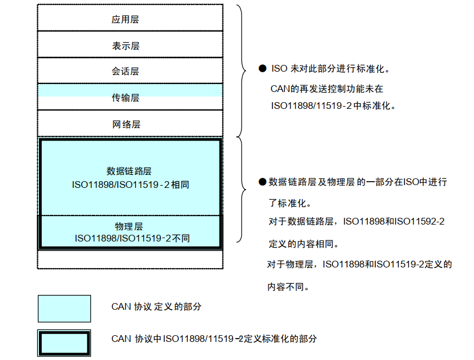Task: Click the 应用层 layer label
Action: (x=125, y=19)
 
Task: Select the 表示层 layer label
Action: (x=125, y=45)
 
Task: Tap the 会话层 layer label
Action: (x=125, y=72)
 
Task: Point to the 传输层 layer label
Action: (x=125, y=98)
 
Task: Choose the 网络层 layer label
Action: (x=125, y=124)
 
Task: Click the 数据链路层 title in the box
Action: (x=129, y=171)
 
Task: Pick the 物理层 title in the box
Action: (x=129, y=226)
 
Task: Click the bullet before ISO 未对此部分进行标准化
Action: (x=262, y=69)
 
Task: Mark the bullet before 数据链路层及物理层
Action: (x=262, y=182)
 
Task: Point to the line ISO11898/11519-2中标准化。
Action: (x=333, y=106)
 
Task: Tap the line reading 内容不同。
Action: (x=288, y=287)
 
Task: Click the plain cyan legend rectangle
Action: (x=64, y=309)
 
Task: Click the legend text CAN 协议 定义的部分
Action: (x=156, y=307)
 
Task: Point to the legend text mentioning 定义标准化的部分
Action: (x=214, y=339)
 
